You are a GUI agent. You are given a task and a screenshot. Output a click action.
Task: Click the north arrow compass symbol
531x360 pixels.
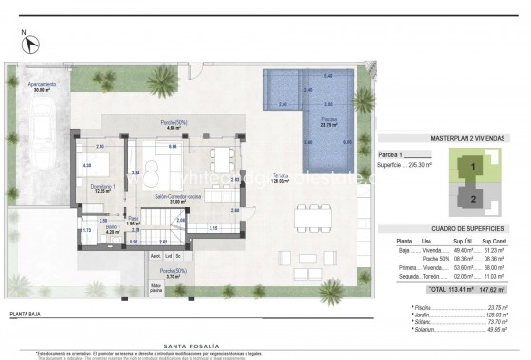click(x=31, y=43)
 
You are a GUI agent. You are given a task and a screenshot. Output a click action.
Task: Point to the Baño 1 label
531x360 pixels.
click(x=112, y=229)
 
